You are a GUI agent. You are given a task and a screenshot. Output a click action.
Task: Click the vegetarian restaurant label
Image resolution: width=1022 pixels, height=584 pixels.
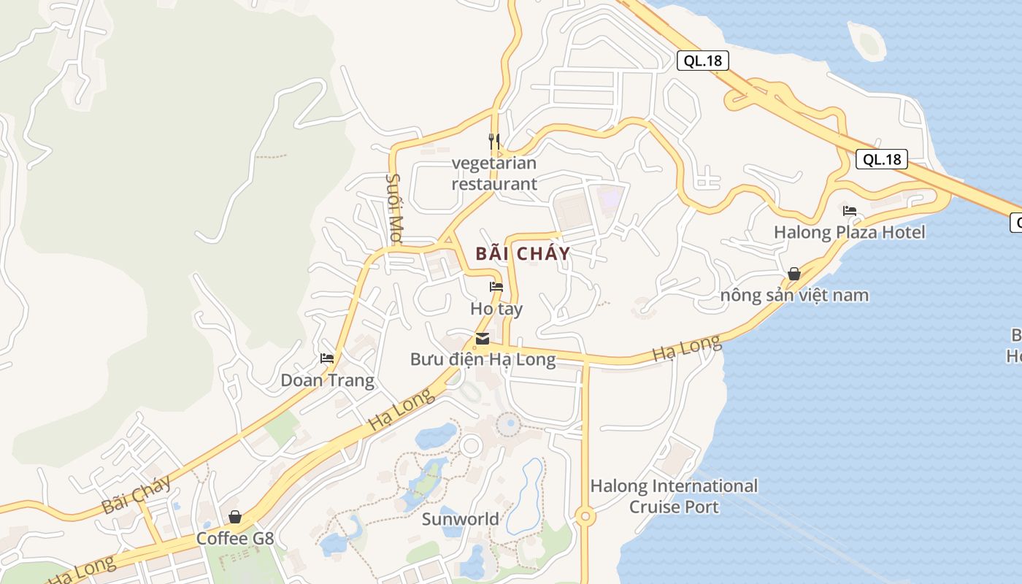(x=494, y=174)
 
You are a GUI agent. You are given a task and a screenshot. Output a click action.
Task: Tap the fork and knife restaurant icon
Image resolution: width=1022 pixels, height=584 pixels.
(x=494, y=139)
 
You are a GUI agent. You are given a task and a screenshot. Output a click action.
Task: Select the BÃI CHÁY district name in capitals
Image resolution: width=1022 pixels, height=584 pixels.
(x=523, y=254)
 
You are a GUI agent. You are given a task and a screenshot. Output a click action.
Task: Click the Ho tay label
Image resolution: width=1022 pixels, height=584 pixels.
(x=496, y=309)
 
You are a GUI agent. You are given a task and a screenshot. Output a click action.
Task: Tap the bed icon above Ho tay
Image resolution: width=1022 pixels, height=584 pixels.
(x=496, y=287)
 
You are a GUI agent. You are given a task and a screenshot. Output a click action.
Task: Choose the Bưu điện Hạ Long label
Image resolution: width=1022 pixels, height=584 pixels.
(x=483, y=359)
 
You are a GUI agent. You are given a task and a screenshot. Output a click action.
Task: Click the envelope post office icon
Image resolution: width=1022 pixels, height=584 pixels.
(x=483, y=338)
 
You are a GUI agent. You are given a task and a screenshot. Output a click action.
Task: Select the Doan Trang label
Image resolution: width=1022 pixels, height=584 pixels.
(x=328, y=380)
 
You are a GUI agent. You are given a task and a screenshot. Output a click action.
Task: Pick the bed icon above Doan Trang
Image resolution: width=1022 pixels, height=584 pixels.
(x=327, y=358)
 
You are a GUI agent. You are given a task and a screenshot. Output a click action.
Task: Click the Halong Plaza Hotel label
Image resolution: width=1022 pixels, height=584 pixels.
(x=850, y=232)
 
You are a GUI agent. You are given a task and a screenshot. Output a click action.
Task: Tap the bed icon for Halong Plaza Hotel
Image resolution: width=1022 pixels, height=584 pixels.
(x=850, y=211)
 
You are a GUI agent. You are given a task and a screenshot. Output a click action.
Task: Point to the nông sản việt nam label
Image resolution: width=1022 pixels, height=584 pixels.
(x=794, y=296)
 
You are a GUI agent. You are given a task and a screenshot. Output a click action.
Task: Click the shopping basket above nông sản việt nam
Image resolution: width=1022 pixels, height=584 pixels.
(x=794, y=274)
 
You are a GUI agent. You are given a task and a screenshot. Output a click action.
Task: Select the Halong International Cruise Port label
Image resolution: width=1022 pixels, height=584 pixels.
(x=674, y=496)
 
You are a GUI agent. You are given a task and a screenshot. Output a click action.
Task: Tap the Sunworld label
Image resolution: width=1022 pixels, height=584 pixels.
(x=461, y=519)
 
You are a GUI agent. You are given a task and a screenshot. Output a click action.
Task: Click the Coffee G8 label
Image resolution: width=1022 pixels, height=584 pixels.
(x=235, y=539)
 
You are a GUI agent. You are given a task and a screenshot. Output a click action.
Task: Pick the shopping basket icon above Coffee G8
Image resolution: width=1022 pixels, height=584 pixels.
(x=235, y=518)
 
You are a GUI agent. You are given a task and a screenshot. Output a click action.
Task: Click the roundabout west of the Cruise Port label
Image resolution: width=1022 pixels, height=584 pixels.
(x=584, y=517)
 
